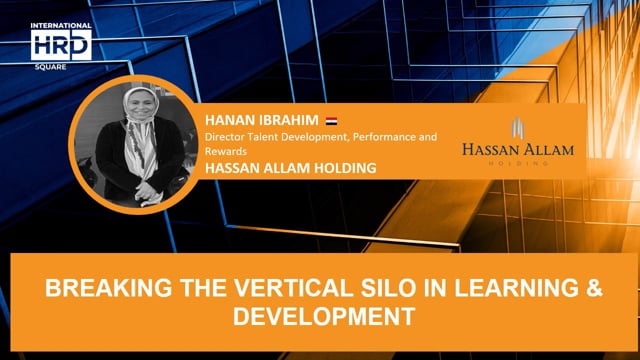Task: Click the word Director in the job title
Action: [x=225, y=137]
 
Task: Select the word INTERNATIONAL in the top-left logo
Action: [x=62, y=26]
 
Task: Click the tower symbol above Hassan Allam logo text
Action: [x=518, y=128]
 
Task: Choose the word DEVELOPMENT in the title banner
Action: [x=320, y=317]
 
